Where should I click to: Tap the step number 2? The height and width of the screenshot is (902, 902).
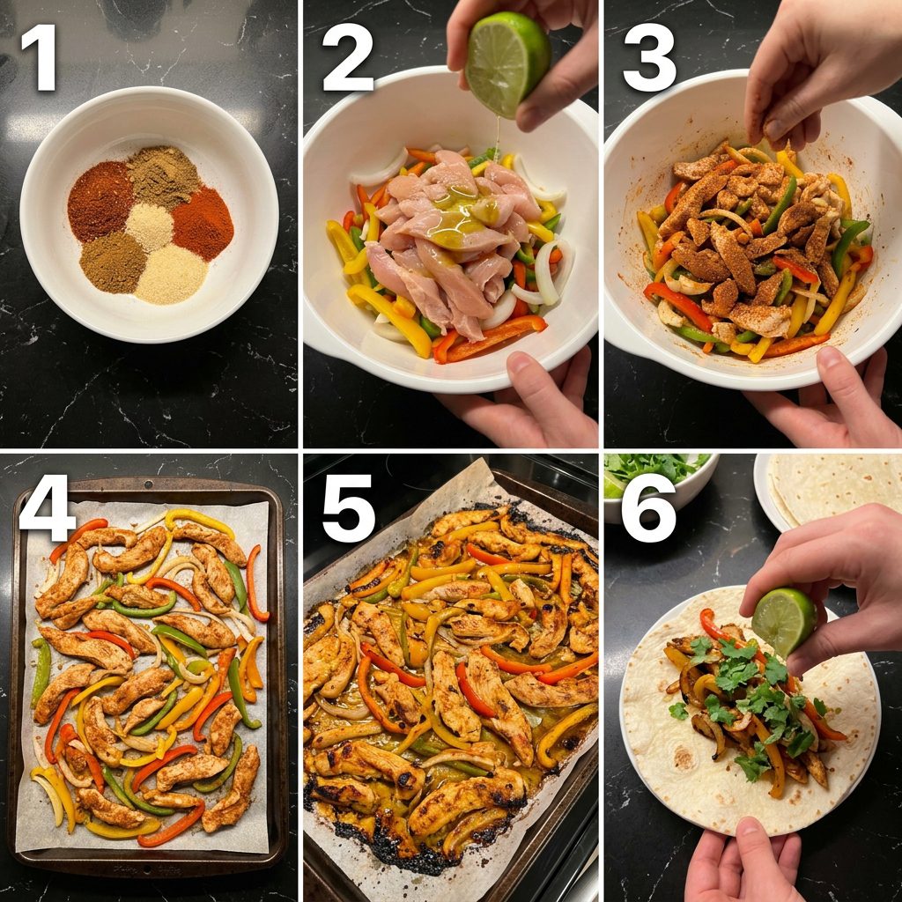pos(348,57)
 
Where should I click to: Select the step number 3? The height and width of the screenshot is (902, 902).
pos(650,57)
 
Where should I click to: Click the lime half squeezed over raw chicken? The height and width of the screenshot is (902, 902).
pos(507,63)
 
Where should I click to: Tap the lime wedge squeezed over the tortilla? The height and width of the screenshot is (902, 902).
pos(783,621)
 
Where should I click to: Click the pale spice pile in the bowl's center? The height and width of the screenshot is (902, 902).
pos(150,226)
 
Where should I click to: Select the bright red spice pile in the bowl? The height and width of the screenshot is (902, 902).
pos(203,223)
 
